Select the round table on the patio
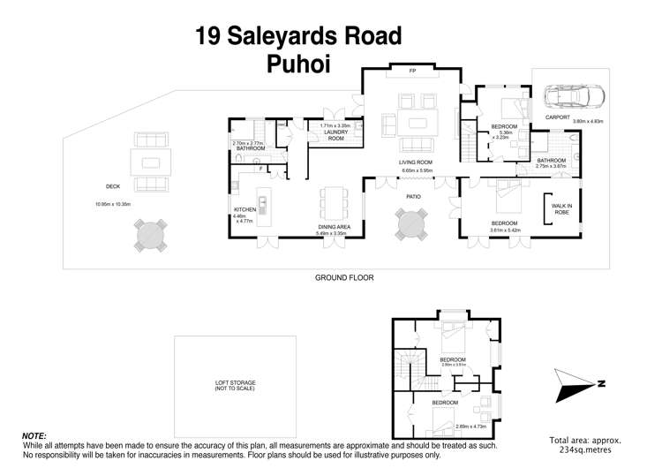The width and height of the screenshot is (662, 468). pyautogui.click(x=411, y=223)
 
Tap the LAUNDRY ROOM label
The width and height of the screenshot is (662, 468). pyautogui.click(x=335, y=135)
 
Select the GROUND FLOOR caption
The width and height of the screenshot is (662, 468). pyautogui.click(x=344, y=277)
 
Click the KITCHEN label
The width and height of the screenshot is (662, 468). pyautogui.click(x=245, y=209)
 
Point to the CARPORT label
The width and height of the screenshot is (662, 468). pyautogui.click(x=557, y=117)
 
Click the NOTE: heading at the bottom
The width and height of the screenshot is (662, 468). pyautogui.click(x=34, y=436)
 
